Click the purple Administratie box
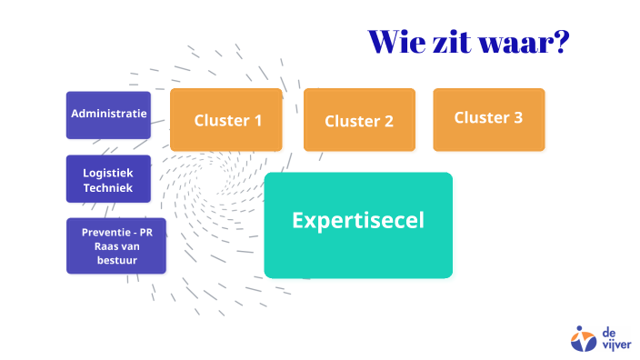(108, 115)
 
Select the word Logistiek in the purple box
(108, 172)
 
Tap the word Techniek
(108, 188)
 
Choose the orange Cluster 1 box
(227, 119)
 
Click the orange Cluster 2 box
(359, 120)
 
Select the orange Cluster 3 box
(488, 118)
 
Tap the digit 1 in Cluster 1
(257, 119)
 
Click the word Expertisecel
(357, 220)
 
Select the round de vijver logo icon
(583, 338)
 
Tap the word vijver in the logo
(614, 345)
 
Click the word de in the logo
(608, 331)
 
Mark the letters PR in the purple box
(145, 232)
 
